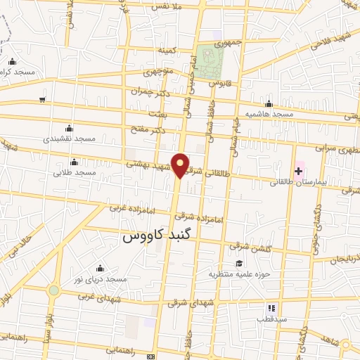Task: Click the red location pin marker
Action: pyautogui.click(x=181, y=165)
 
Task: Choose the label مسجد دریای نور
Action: pyautogui.click(x=99, y=279)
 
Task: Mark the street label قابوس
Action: pyautogui.click(x=224, y=84)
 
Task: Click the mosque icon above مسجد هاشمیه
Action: pyautogui.click(x=269, y=103)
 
